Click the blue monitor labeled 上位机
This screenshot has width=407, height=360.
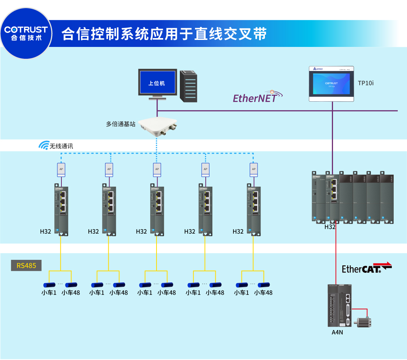157,83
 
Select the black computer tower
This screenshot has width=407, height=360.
188,86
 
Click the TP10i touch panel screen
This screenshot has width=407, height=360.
332,84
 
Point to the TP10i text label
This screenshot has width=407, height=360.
366,83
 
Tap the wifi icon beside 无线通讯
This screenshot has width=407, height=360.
44,146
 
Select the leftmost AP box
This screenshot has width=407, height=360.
61,169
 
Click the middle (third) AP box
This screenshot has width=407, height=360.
157,169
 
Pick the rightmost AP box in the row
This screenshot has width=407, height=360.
253,169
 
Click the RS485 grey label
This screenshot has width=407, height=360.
26,265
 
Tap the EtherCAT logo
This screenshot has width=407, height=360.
366,268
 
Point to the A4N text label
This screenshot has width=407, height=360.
337,332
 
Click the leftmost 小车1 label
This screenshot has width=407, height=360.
49,292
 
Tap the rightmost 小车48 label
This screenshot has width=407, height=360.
263,292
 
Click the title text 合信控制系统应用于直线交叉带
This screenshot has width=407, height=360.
164,34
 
